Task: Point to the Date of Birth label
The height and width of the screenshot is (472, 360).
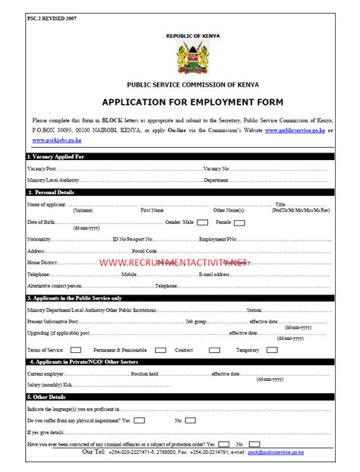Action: [x=41, y=222]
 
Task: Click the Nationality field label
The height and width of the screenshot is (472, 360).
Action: [x=39, y=239]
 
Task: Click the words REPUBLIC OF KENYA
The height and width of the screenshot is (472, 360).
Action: [x=186, y=36]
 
